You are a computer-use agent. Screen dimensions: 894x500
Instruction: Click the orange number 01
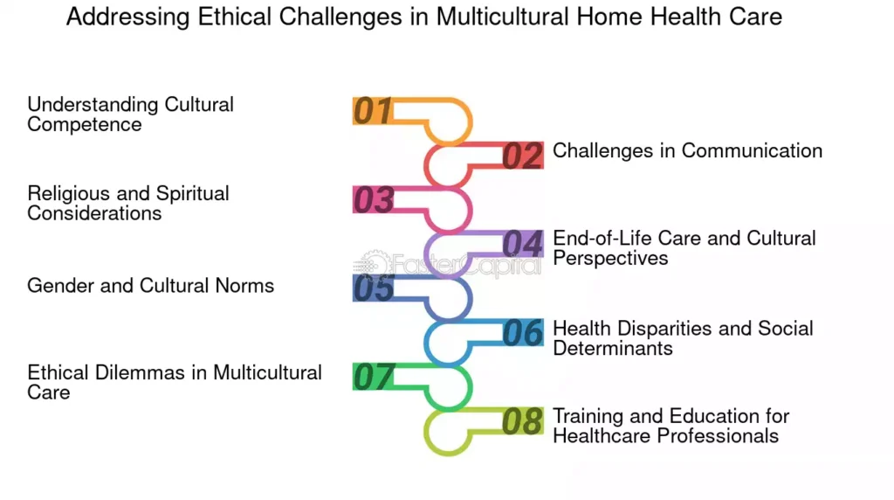point(373,111)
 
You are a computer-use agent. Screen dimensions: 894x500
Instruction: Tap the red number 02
point(522,156)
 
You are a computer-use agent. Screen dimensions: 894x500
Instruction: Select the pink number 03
point(374,200)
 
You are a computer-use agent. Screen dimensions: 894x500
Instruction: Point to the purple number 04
point(522,244)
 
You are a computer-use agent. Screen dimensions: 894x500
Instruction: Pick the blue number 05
point(374,288)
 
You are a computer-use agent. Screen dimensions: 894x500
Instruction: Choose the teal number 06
point(522,333)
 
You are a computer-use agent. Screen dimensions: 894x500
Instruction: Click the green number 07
point(374,377)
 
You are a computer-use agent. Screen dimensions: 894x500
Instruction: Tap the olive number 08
point(522,421)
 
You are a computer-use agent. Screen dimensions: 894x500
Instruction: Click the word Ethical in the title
point(234,17)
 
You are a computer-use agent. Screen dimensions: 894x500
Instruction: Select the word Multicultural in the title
point(502,17)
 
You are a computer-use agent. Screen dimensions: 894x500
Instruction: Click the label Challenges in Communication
point(688,150)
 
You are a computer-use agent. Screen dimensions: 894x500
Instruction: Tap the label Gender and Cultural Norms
point(150,285)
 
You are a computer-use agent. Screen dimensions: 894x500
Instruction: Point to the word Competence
point(85,124)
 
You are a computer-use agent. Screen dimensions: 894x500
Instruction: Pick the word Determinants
point(613,348)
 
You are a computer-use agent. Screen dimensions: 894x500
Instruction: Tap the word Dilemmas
point(140,372)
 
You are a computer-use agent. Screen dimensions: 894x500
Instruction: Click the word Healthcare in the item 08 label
point(602,436)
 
